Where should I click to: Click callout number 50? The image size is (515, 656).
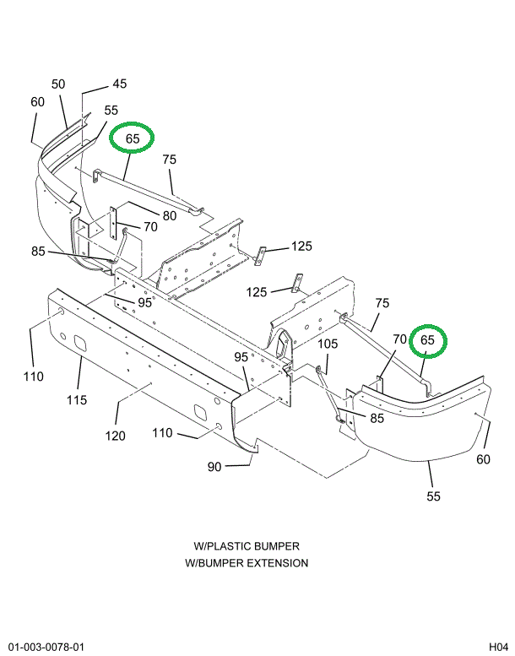(58, 84)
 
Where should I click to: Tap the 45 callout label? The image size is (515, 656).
(119, 84)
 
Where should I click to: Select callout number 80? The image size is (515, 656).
(170, 216)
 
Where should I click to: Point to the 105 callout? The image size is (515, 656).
(328, 344)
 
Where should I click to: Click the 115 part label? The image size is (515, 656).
(77, 399)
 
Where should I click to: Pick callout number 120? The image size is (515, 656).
(115, 436)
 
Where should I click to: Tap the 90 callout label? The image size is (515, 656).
(214, 467)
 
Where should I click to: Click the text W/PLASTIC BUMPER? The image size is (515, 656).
(246, 546)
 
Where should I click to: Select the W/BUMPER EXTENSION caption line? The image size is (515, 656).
(246, 563)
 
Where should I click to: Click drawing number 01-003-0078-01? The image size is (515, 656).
(47, 647)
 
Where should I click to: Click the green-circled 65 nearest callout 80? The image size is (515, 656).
(133, 138)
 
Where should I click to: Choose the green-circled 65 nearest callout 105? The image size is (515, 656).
(427, 340)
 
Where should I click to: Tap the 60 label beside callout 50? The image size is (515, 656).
(37, 101)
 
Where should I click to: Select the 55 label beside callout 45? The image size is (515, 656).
(111, 110)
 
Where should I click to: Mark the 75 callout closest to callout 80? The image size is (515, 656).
(170, 160)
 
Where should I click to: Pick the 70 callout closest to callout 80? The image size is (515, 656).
(150, 226)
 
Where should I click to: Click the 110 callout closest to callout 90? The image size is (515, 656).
(162, 433)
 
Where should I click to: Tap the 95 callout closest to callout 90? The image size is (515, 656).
(241, 357)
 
